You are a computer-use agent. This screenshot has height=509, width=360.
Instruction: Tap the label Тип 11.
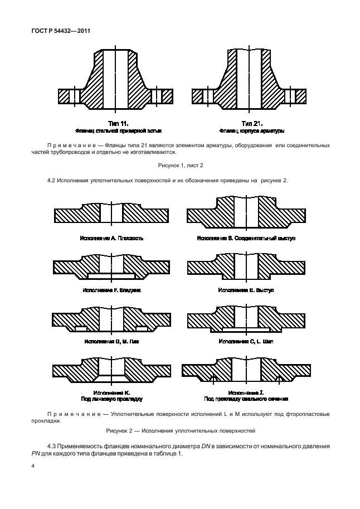(x=118, y=123)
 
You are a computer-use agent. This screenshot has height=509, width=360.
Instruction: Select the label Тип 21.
(x=252, y=123)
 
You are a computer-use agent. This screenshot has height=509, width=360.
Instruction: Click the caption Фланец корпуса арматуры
(x=252, y=131)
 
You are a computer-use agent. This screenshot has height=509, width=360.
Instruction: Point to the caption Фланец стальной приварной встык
(x=118, y=131)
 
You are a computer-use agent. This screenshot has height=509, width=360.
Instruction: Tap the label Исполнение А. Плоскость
(x=112, y=238)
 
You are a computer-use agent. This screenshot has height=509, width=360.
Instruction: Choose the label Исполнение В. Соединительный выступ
(x=246, y=238)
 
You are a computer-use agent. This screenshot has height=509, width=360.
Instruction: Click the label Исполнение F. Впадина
(x=112, y=290)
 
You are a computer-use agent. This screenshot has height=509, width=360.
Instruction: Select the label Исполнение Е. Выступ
(x=246, y=290)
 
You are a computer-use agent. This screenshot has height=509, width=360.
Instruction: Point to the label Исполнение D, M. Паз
(x=112, y=341)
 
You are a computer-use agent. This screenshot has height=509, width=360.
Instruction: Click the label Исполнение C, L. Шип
(x=246, y=341)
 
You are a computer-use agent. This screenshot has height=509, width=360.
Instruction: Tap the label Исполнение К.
(x=112, y=392)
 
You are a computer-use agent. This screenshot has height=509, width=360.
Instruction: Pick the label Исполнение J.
(x=246, y=392)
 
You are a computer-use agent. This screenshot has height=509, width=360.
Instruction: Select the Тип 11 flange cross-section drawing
(x=118, y=81)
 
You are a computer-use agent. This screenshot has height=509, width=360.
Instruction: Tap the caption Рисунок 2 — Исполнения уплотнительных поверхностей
(x=180, y=432)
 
